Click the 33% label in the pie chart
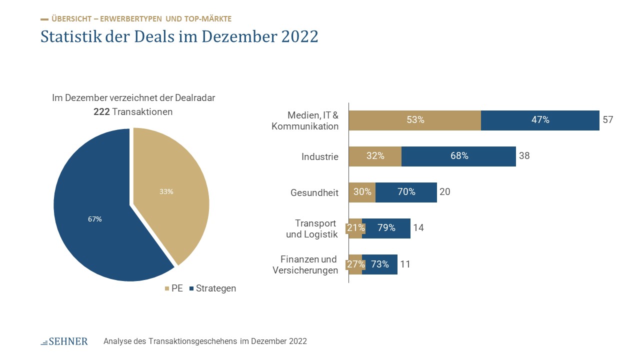[166, 191]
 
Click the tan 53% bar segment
[415, 120]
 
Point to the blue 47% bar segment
[540, 120]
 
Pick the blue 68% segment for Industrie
[458, 156]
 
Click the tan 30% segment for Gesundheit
[362, 192]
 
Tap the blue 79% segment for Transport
[386, 228]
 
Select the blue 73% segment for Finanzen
[380, 264]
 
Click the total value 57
[607, 120]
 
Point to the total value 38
[524, 156]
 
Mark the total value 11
[405, 264]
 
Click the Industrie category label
[320, 156]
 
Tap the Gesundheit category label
[314, 192]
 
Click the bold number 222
[101, 112]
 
